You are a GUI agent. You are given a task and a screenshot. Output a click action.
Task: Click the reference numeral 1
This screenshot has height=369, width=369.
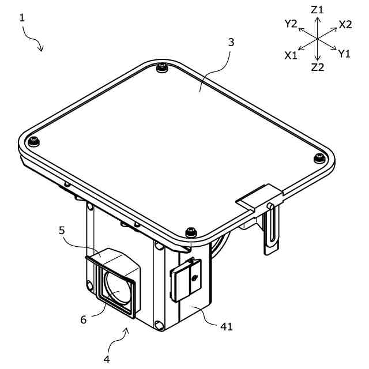pos(22,18)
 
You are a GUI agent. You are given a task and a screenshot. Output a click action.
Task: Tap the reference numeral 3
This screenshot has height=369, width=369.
pos(231,42)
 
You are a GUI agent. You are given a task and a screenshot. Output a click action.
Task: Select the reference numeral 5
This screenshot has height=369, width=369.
pos(62,231)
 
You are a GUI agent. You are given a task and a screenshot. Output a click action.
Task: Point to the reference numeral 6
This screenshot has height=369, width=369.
pos(84,320)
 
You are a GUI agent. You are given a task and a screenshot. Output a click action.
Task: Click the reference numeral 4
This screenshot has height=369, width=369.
pos(107,359)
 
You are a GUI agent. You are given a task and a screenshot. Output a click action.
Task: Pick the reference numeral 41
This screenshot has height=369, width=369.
pos(227,326)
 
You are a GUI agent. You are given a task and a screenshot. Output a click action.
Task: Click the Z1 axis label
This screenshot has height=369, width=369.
pos(317,10)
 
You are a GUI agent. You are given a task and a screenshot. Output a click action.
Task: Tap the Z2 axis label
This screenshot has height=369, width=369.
pos(318,67)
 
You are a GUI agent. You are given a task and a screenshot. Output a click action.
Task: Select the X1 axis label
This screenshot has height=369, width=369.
pos(291,55)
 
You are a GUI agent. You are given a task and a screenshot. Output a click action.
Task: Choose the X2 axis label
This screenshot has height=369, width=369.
pos(345,24)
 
